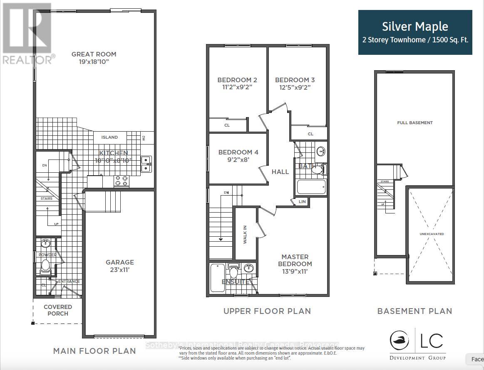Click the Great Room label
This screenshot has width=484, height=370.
pos(94,54)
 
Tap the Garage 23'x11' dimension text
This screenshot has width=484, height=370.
pos(119,270)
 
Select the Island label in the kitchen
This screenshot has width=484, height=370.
pos(109,137)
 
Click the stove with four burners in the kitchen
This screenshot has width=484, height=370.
pos(122,181)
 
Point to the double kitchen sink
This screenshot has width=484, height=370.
pos(146,164)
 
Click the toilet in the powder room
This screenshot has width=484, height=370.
pos(45,266)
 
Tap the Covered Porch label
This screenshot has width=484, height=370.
pos(58,310)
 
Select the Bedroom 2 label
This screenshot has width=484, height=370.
pos(237,80)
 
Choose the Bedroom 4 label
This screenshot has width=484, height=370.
pos(238,152)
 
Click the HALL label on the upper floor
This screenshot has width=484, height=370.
pos(280,172)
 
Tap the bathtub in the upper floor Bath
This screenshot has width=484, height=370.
pos(311,187)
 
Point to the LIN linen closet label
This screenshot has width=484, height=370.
pos(303,202)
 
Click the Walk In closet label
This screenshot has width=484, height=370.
pos(245,235)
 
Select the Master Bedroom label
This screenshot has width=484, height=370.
pos(295,260)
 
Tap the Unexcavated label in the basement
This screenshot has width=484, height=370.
pos(431,234)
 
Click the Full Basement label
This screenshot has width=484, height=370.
pos(415,123)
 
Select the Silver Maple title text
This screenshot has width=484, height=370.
pos(415,27)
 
